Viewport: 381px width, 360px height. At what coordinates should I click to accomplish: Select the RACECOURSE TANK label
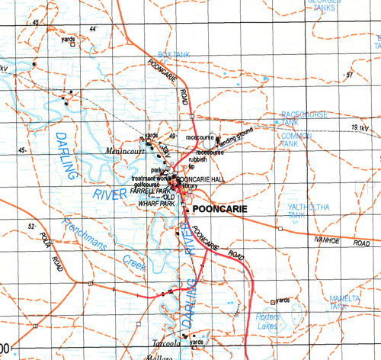[x=304, y=117]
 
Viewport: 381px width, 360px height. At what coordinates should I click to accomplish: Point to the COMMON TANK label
[x=296, y=140]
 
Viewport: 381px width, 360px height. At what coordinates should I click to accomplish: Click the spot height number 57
[x=350, y=75]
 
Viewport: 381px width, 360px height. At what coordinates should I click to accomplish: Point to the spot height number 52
[x=32, y=227]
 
